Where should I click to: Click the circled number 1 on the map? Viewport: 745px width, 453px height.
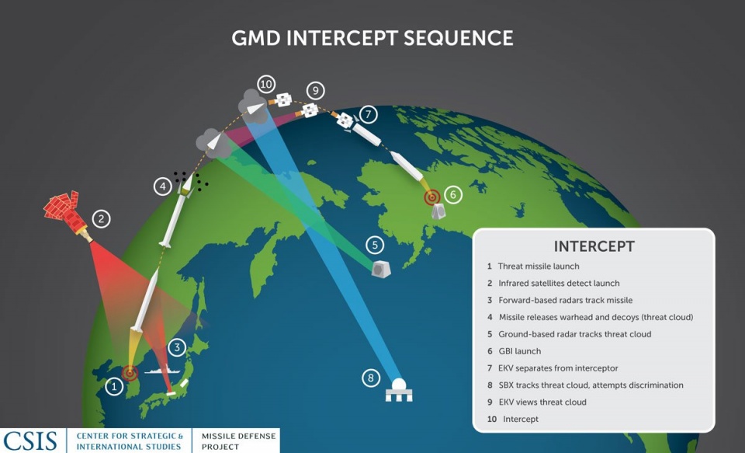point(114,386)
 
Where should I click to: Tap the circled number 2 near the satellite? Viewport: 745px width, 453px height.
point(102,219)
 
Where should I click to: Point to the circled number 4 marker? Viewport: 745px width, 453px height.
point(162,186)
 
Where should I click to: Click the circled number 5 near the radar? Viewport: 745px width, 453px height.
point(375,245)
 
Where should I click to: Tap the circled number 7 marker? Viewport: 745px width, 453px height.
point(369,114)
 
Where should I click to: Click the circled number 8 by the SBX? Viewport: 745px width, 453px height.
point(372,378)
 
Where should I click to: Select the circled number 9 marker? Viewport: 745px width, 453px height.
point(314,90)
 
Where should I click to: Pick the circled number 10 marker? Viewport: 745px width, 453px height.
point(266,83)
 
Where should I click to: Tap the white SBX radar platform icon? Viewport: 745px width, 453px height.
point(399,390)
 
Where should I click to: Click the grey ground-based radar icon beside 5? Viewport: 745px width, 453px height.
point(381,268)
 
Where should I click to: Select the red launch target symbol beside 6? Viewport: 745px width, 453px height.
point(432,197)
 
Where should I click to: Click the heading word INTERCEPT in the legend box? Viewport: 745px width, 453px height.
point(594,246)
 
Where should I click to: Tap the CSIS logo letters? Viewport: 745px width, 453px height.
point(30,441)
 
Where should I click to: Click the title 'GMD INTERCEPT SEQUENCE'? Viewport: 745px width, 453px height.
point(372,37)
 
